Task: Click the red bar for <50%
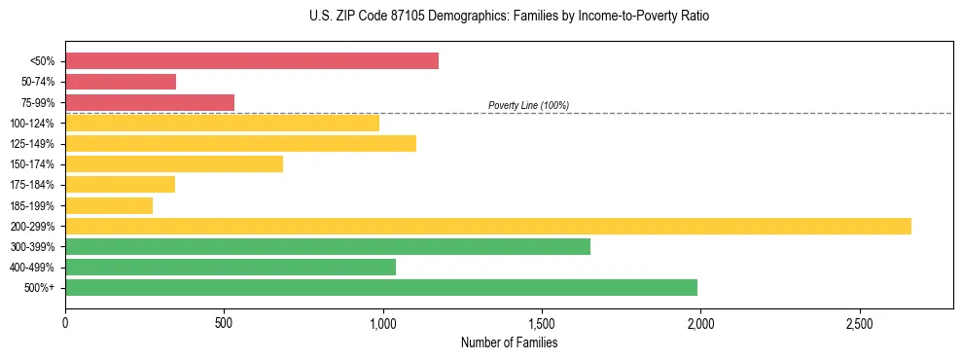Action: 252,61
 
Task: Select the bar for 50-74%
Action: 121,82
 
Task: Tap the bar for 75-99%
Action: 150,102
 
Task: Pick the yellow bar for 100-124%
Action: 222,123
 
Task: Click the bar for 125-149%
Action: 240,143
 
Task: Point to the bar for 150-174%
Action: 174,163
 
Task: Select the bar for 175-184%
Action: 120,184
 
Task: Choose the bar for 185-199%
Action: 109,205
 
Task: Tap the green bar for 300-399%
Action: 328,246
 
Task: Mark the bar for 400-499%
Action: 231,267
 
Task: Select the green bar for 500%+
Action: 381,287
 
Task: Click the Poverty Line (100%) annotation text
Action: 528,105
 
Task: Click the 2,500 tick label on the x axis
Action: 858,322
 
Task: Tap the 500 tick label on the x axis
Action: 224,322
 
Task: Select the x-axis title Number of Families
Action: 509,342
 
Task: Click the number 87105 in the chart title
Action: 402,17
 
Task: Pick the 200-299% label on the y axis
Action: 32,227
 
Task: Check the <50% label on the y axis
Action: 43,61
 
